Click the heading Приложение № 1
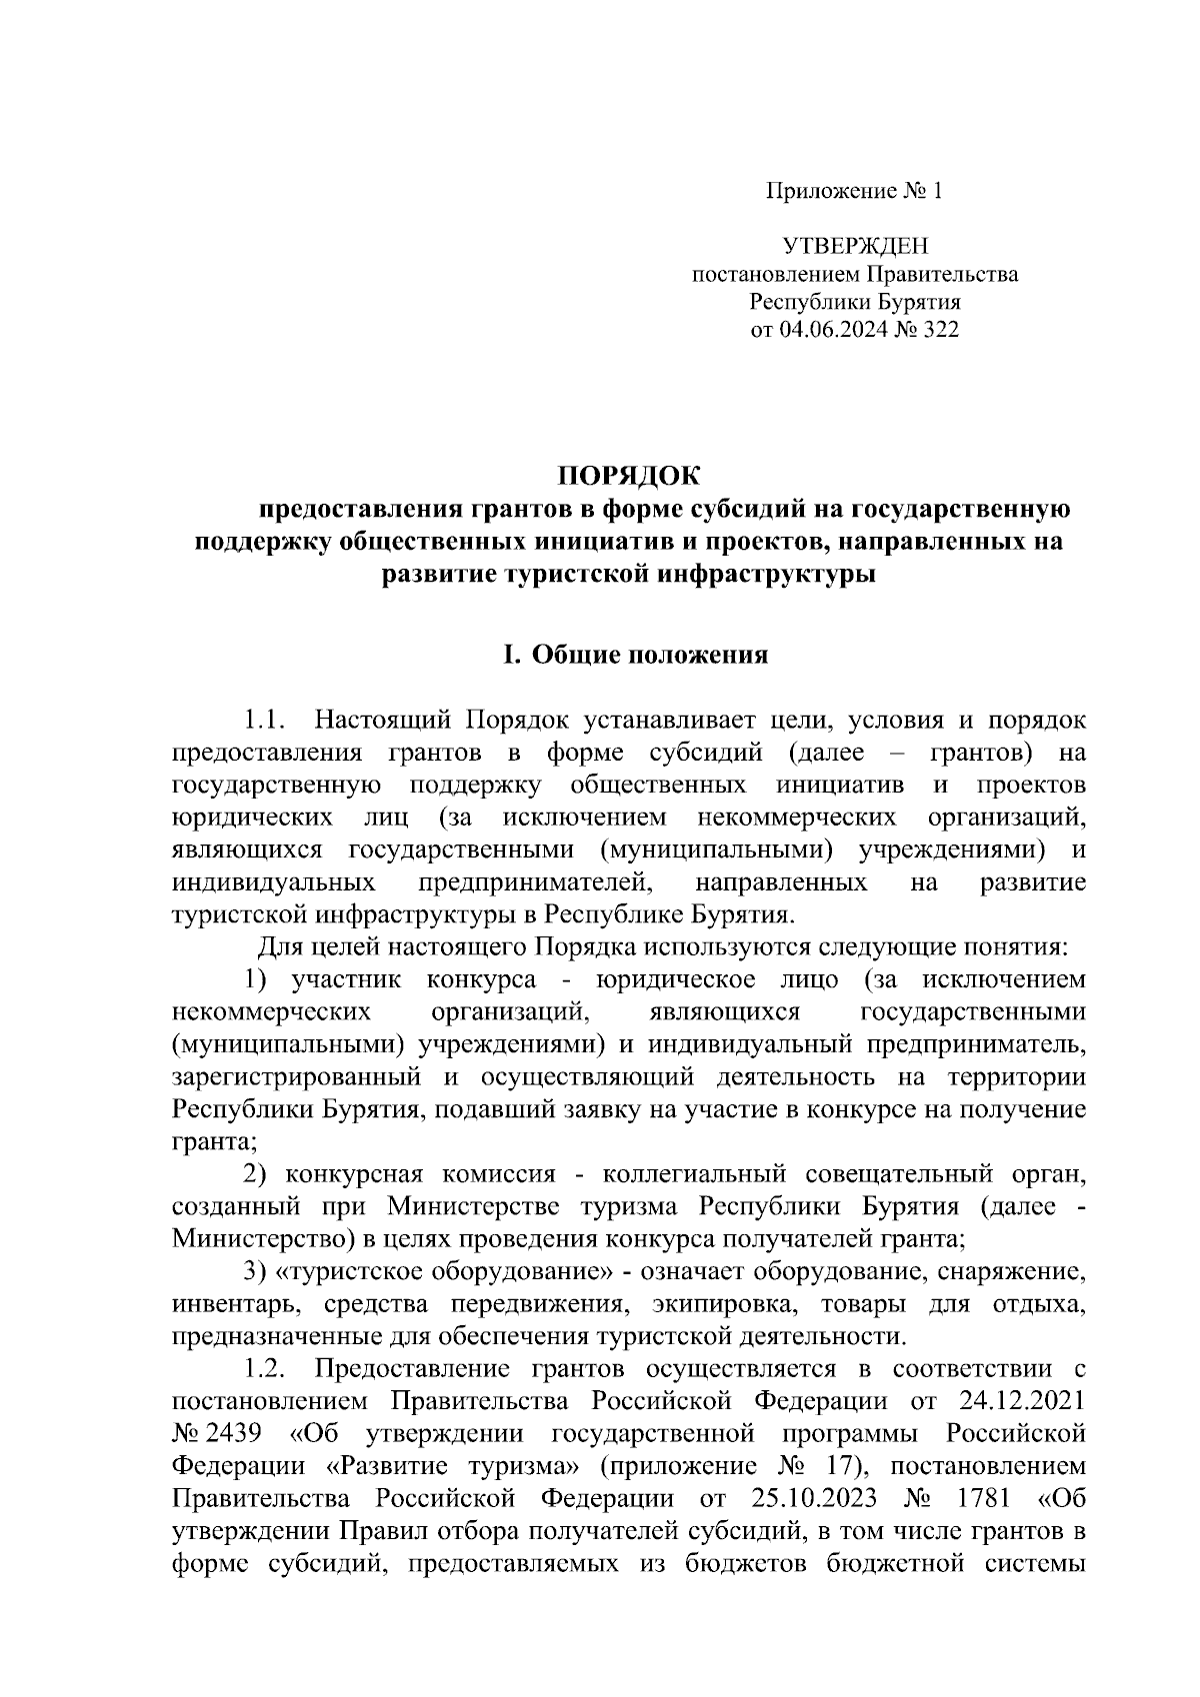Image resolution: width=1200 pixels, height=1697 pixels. tap(854, 191)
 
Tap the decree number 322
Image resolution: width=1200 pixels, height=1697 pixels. tap(938, 330)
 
